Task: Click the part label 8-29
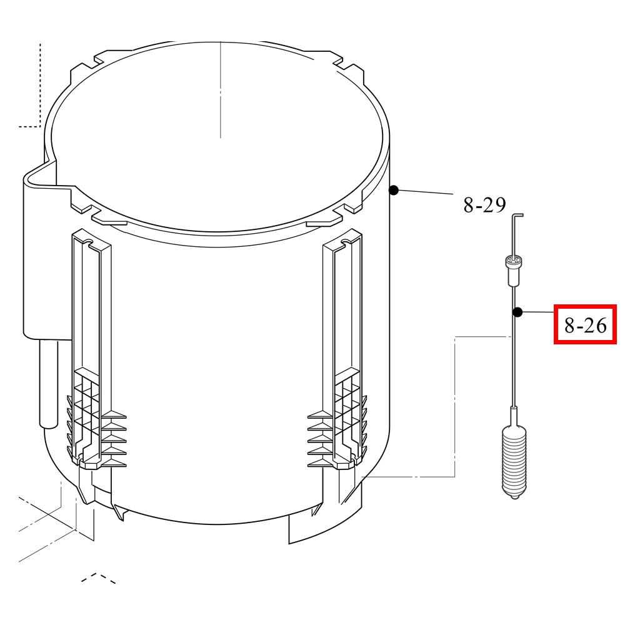(x=484, y=205)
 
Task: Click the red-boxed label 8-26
(x=585, y=325)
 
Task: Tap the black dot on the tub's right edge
(x=394, y=191)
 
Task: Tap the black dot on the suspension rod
(x=517, y=312)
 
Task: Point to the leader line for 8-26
(x=538, y=312)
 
